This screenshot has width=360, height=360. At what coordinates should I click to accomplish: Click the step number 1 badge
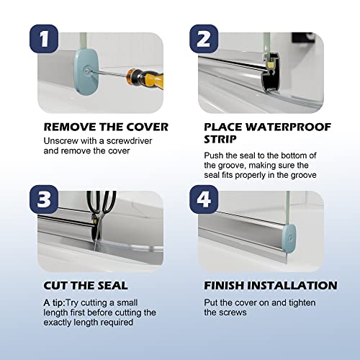pos(44,39)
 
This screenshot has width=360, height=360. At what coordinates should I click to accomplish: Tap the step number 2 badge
pos(204,39)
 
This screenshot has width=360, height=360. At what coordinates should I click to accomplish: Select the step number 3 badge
pos(44,199)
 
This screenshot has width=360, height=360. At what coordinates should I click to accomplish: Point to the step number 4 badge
pos(204,199)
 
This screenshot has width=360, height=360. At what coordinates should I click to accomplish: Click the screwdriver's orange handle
pos(145,78)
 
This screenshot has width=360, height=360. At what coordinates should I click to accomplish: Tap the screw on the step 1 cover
pos(88,71)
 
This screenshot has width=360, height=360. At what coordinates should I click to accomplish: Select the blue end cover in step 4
pos(289,238)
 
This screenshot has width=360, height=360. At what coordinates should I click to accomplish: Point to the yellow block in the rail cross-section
pos(271,64)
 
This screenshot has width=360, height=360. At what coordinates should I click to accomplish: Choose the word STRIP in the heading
pos(220,139)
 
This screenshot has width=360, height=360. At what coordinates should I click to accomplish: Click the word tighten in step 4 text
pos(302,303)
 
